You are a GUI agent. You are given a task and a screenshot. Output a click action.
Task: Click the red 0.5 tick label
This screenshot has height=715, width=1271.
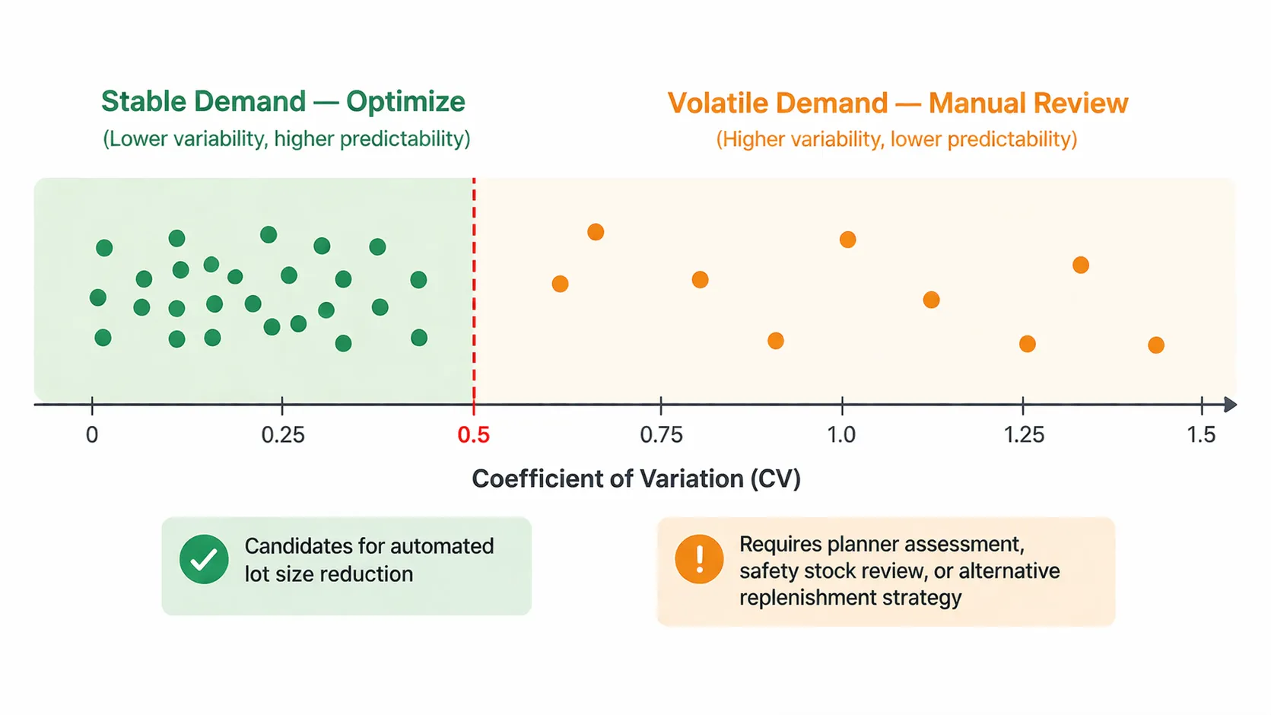[x=473, y=435]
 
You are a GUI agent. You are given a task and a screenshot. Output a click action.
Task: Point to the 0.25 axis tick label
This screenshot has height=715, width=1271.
[x=282, y=435]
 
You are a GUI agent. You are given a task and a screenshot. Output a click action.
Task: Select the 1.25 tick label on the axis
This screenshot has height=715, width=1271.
[x=1024, y=435]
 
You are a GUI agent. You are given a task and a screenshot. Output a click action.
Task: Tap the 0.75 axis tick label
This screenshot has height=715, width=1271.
[x=661, y=435]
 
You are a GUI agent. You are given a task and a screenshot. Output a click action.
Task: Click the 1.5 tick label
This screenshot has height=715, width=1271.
[x=1201, y=435]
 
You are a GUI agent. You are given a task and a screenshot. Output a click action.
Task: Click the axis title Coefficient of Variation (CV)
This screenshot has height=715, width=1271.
[x=636, y=478]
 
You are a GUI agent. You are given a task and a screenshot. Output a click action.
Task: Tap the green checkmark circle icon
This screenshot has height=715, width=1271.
[x=204, y=559]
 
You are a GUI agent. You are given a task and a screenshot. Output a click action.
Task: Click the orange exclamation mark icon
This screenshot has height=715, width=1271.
[x=699, y=559]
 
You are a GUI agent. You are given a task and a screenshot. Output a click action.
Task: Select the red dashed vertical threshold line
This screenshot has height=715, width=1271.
[x=474, y=289]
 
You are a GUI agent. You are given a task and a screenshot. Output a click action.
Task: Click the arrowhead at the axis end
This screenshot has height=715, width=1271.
[x=1230, y=405]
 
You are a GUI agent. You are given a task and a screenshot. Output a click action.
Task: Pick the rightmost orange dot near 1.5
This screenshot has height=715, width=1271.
[x=1155, y=345]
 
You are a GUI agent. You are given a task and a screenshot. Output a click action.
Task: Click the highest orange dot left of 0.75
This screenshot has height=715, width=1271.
[x=596, y=232]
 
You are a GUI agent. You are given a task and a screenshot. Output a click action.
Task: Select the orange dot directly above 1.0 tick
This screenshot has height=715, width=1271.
[x=847, y=240]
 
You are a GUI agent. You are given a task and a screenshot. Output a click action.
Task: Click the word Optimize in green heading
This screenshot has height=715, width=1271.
[x=405, y=102]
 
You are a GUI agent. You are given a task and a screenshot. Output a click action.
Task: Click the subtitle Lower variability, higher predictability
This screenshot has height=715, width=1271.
[x=287, y=139]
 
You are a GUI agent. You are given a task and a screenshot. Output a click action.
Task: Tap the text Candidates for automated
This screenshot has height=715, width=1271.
[x=369, y=546]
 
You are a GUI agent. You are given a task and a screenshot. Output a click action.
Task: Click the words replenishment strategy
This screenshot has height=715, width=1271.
[x=850, y=598]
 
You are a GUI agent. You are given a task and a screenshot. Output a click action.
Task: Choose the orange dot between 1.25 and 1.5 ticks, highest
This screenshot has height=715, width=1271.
[x=1080, y=265]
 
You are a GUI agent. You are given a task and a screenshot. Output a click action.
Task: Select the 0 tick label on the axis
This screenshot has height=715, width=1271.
[x=92, y=435]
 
